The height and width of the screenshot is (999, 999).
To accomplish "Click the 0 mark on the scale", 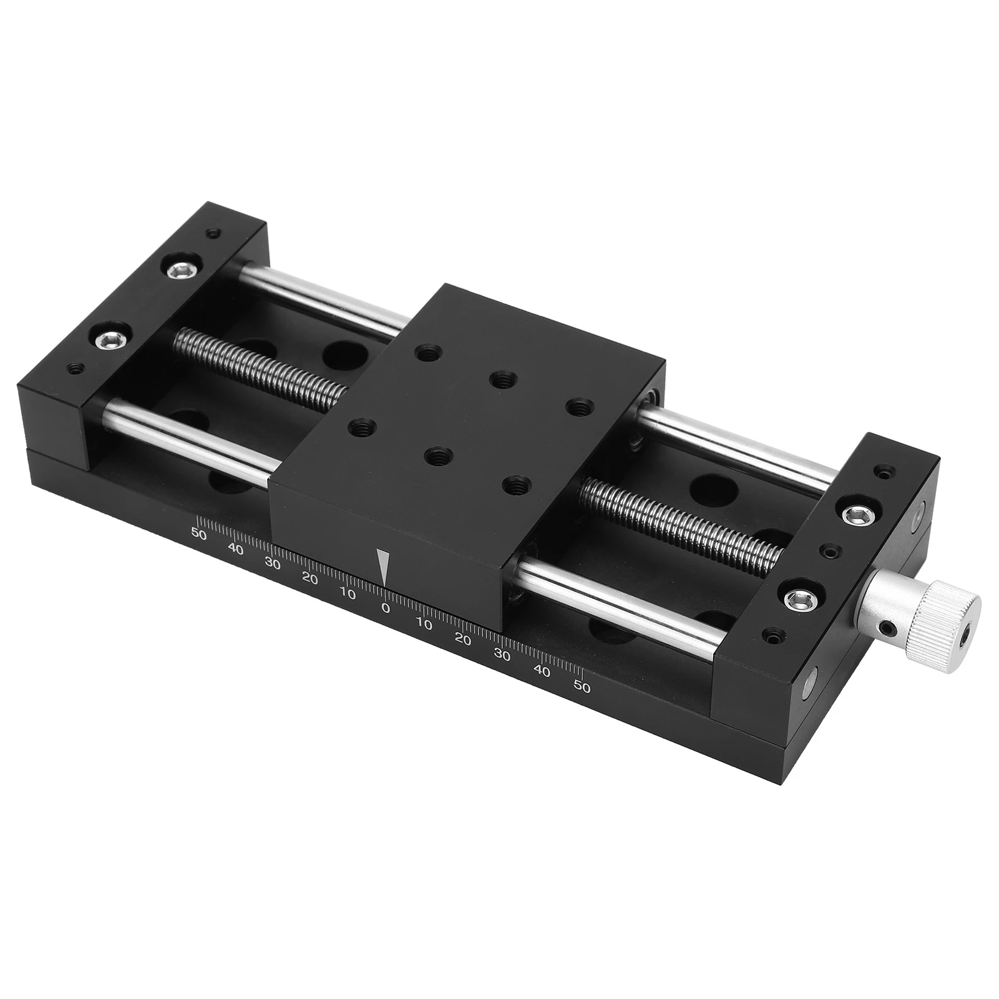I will (386, 608).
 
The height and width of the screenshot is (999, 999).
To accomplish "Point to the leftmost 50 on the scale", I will (199, 534).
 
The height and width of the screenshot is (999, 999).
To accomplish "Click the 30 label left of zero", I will (273, 563).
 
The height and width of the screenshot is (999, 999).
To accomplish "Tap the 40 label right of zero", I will (542, 671).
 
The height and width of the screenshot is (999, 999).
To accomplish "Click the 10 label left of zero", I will (348, 593).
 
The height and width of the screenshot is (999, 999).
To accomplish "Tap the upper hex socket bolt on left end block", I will (182, 269).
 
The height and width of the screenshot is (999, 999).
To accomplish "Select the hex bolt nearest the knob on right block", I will (798, 600).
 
